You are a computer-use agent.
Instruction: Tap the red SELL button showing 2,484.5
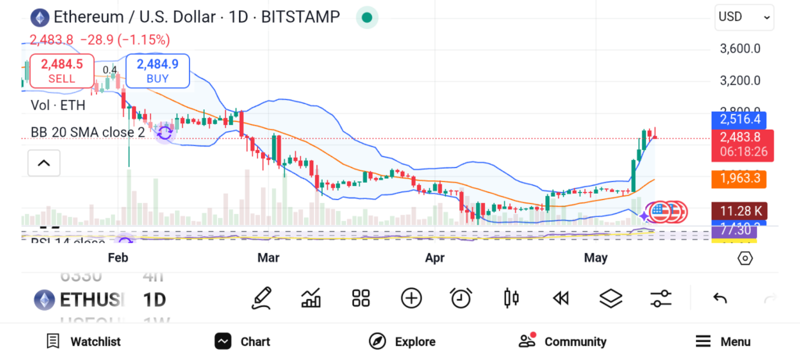coord(62,70)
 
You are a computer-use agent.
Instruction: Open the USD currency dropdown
coord(744,16)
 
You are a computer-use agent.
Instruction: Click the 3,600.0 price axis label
coord(740,48)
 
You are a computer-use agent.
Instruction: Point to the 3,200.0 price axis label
coord(740,80)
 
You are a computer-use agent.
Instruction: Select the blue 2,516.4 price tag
coord(739,119)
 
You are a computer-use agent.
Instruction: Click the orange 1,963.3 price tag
coord(739,179)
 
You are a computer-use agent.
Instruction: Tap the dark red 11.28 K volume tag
coord(739,211)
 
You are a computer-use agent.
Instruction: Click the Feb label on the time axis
coord(118,258)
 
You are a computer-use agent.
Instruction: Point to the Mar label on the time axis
coord(269,258)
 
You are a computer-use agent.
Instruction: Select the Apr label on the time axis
coord(434,258)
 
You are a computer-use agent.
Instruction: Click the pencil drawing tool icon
coord(262,298)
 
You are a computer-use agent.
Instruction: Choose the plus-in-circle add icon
coord(411,298)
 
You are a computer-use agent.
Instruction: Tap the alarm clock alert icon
coord(461,298)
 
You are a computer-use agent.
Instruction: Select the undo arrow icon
coord(720,298)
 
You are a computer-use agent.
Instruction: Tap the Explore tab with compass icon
coord(402,341)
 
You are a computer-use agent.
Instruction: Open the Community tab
coord(562,341)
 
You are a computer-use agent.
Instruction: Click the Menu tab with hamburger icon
coord(723,341)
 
